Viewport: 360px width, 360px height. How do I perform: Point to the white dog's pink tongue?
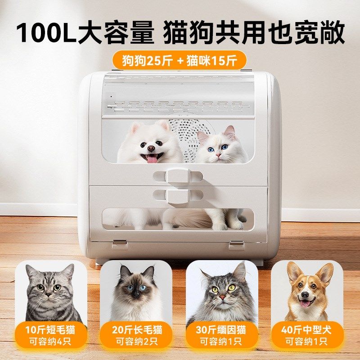tap(152, 157)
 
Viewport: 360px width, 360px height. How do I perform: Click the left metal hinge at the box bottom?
tap(119, 244)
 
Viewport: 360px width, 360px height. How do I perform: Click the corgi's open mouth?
tap(306, 303)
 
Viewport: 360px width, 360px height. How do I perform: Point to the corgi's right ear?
tap(324, 274)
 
